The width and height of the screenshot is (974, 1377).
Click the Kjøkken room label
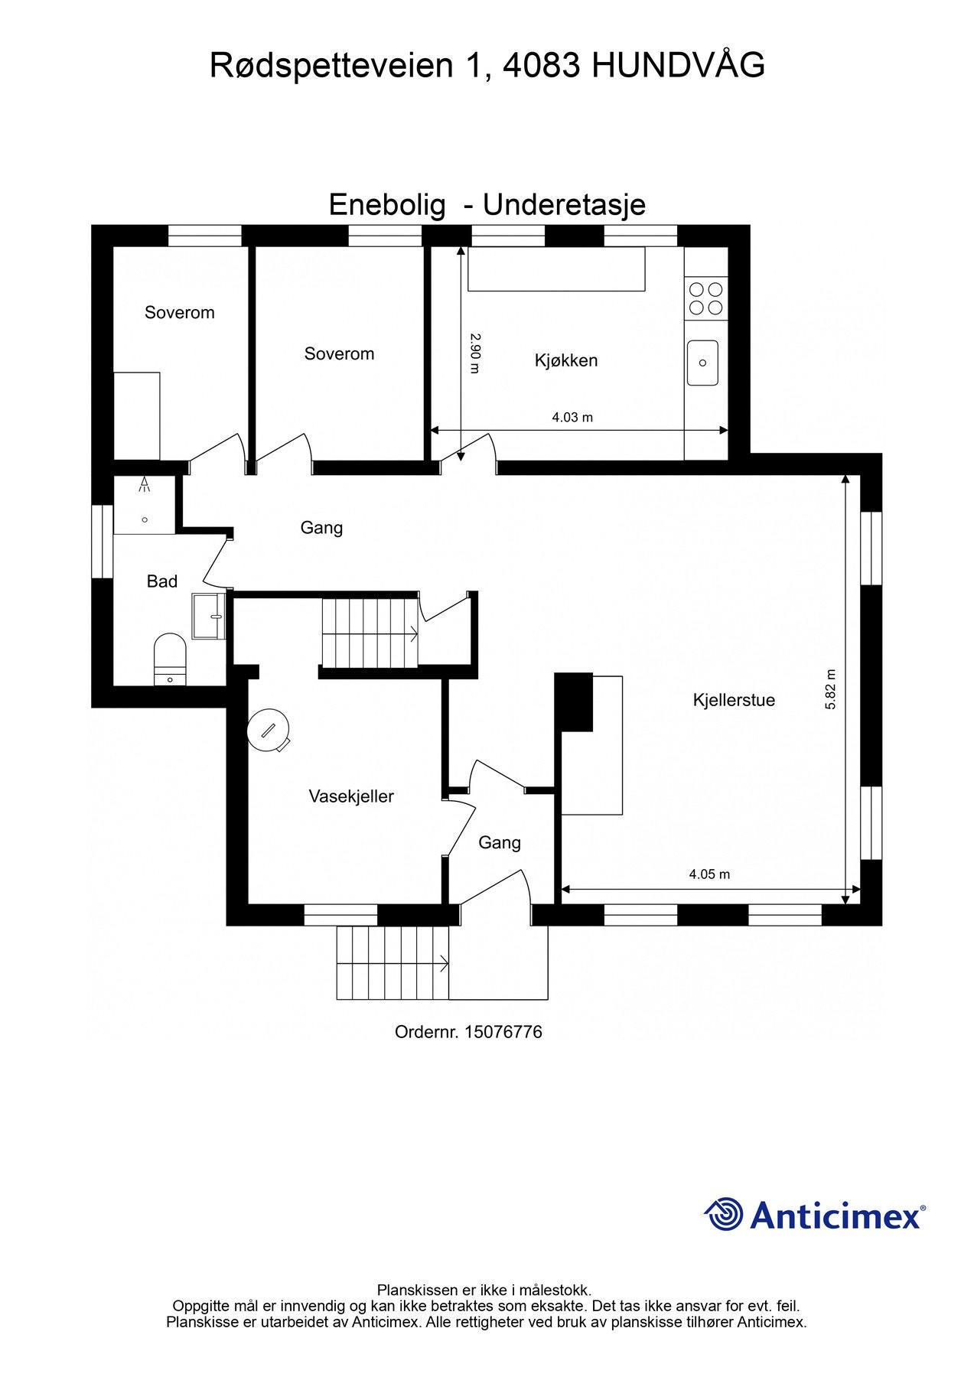click(565, 360)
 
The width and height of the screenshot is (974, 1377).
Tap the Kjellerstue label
click(733, 700)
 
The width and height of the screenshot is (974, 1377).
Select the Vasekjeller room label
click(351, 796)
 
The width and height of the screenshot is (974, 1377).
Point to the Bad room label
click(162, 581)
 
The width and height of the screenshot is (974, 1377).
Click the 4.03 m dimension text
click(572, 418)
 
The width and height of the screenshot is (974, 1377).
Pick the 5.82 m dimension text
click(831, 689)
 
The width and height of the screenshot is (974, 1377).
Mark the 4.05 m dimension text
click(709, 874)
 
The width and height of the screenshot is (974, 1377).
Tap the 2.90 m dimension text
click(474, 353)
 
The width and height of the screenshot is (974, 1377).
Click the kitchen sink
click(702, 363)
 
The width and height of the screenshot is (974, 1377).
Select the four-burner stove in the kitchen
click(705, 298)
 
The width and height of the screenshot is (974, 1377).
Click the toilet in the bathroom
click(170, 658)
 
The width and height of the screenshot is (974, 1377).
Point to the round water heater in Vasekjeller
click(268, 730)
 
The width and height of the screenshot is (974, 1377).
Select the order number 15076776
click(503, 1032)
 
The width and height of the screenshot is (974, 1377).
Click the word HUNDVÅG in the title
click(679, 66)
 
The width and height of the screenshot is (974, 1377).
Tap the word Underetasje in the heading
click(564, 205)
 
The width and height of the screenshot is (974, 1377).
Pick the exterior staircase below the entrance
click(393, 962)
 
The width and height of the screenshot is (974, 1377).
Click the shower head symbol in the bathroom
click(145, 484)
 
